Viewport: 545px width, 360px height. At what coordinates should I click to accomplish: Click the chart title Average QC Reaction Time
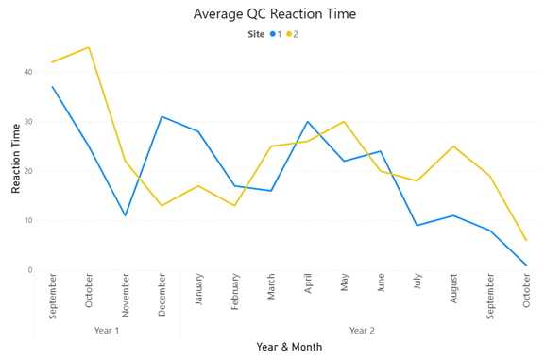tap(274, 14)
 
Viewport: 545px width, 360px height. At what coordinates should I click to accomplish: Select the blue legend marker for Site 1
tap(273, 34)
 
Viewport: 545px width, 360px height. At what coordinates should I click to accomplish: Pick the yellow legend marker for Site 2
tap(289, 34)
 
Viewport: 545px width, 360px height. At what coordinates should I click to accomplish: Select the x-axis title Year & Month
tap(289, 347)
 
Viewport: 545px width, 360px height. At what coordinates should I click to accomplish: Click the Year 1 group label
tap(107, 331)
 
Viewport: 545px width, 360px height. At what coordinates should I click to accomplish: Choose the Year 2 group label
tap(362, 331)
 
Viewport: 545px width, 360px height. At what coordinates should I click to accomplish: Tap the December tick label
tap(162, 294)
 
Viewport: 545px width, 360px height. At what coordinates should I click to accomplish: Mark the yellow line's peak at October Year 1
tap(89, 47)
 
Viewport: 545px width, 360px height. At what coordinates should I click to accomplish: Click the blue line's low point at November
tap(126, 215)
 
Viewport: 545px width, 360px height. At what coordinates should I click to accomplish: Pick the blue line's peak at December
tap(162, 116)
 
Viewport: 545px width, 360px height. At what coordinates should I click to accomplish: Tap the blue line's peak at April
tap(308, 122)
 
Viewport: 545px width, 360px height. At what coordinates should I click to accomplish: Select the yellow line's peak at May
tap(345, 122)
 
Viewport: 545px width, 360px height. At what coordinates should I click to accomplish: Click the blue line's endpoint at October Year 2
tap(527, 266)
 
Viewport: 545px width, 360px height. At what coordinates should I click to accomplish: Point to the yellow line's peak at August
tap(454, 146)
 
